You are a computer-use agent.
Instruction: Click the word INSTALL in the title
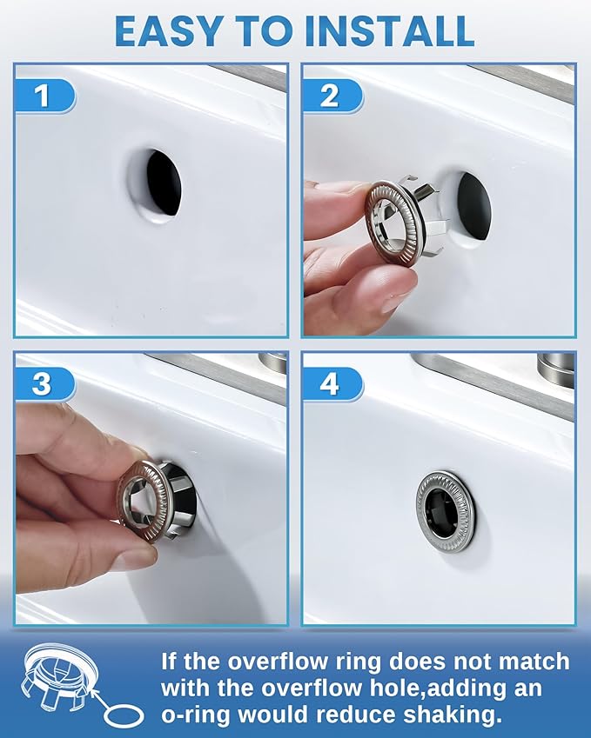click(389, 31)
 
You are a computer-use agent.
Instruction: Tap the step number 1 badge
click(44, 96)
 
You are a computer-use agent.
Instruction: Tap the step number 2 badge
click(332, 96)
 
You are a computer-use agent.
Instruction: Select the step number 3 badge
click(44, 383)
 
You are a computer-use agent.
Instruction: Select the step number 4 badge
click(332, 383)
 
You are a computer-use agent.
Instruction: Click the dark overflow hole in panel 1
click(164, 183)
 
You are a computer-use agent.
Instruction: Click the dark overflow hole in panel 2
click(474, 207)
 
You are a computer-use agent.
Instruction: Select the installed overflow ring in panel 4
click(446, 510)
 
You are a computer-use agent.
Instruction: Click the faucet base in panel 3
click(272, 362)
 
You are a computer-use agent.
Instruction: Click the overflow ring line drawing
click(59, 675)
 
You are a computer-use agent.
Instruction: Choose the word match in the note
click(534, 661)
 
